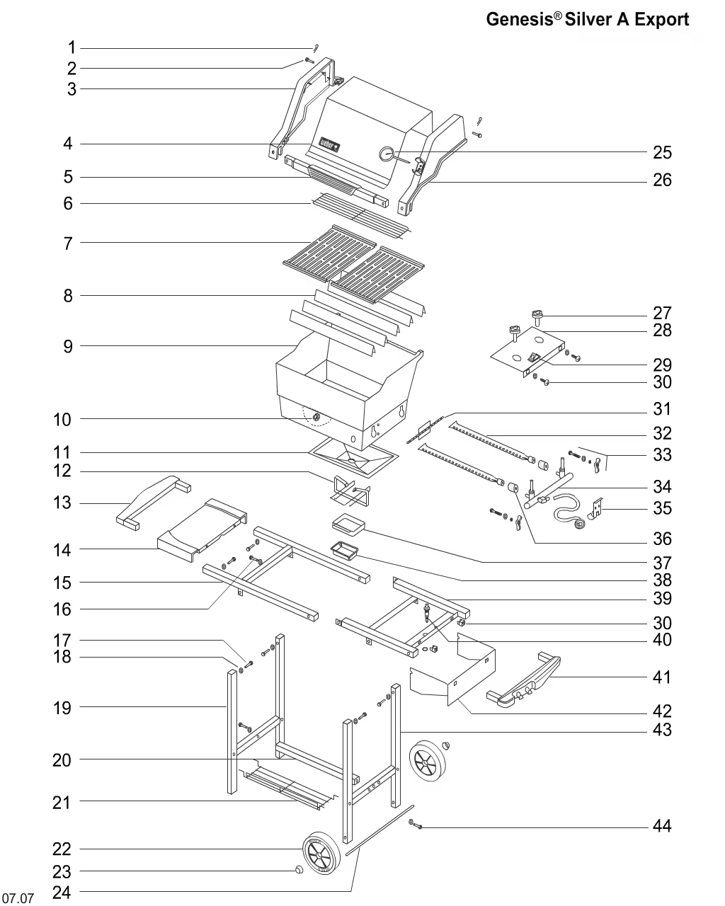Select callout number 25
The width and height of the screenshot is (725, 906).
click(x=662, y=152)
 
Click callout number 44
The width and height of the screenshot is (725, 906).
click(x=662, y=826)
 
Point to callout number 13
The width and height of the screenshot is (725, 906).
click(x=62, y=503)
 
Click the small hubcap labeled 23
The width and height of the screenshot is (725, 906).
click(x=299, y=870)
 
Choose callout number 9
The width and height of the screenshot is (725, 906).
click(x=68, y=346)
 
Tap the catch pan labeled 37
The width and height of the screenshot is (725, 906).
click(x=347, y=524)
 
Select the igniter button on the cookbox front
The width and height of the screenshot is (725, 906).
click(x=316, y=419)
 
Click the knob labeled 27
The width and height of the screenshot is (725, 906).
click(x=537, y=314)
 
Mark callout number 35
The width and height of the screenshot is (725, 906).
click(x=662, y=508)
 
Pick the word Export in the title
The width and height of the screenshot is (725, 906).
click(x=661, y=20)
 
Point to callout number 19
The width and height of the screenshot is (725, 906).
click(x=62, y=707)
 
